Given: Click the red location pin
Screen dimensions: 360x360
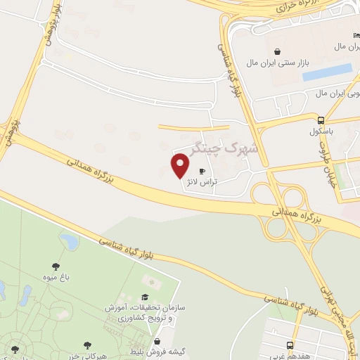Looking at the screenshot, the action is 181,166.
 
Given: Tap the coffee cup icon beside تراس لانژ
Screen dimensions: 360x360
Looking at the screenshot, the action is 202,171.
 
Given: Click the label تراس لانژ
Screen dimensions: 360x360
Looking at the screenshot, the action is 202,181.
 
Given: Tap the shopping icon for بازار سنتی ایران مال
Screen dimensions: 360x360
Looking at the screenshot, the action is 278,51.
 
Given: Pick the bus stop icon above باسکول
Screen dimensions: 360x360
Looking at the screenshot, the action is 321,120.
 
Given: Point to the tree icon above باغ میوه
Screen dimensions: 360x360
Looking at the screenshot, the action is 56,266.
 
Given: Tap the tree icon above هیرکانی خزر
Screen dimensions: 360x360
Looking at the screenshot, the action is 86,345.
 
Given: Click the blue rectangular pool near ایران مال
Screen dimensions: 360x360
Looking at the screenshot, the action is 327,72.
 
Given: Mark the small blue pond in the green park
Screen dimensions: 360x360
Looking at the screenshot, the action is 69,241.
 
